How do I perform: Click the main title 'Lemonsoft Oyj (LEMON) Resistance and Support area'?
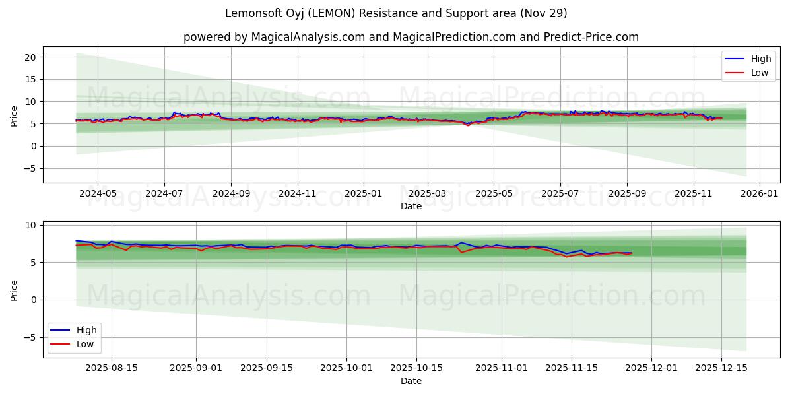pos(396,13)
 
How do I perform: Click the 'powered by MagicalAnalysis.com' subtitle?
pos(411,37)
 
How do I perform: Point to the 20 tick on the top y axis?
pos(30,57)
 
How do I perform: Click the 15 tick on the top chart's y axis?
pos(30,79)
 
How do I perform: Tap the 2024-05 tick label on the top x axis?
pos(98,195)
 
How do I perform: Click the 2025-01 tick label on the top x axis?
pos(364,195)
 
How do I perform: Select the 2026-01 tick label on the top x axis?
pos(760,195)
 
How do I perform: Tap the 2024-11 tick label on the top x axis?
pos(297,195)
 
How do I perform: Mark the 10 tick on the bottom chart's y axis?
pos(30,225)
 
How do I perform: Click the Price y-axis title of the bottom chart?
pos(15,290)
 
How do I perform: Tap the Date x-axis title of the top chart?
pos(411,207)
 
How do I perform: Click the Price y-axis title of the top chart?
pos(15,115)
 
